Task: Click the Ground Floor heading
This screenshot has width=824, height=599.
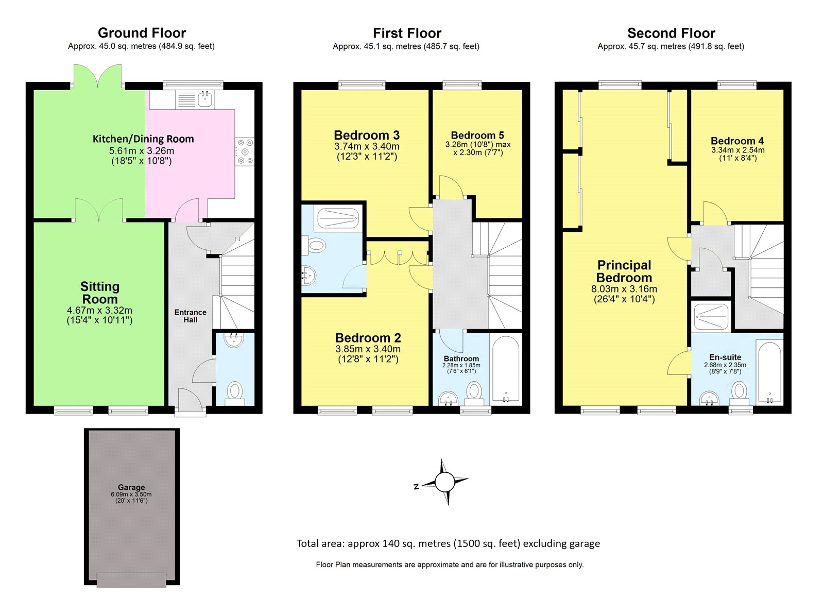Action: click(142, 33)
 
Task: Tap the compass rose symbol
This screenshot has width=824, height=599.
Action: click(444, 482)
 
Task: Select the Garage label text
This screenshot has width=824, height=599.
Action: click(131, 487)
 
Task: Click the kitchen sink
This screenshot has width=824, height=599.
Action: click(205, 98)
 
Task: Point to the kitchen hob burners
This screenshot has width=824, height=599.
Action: click(245, 151)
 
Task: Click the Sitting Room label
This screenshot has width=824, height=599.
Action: click(100, 293)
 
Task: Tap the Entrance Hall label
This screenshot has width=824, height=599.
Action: click(190, 316)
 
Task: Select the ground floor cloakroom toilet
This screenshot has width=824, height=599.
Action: click(235, 392)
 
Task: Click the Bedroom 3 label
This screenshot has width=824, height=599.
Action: click(367, 135)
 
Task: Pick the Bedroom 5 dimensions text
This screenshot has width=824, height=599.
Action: click(478, 148)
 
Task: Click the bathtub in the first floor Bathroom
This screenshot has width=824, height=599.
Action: click(506, 369)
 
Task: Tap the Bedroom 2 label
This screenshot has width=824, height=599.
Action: click(368, 338)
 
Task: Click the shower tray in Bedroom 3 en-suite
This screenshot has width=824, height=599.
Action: click(337, 218)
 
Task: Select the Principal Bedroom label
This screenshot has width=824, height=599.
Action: click(624, 271)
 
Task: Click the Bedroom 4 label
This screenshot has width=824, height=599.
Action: click(737, 141)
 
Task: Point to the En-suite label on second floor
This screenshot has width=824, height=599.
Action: click(725, 357)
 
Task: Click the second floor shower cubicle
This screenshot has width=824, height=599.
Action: click(711, 316)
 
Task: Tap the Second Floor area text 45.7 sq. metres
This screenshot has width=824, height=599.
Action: click(671, 46)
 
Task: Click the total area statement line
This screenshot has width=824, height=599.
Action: click(448, 543)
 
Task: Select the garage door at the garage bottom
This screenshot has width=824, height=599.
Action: click(131, 579)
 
